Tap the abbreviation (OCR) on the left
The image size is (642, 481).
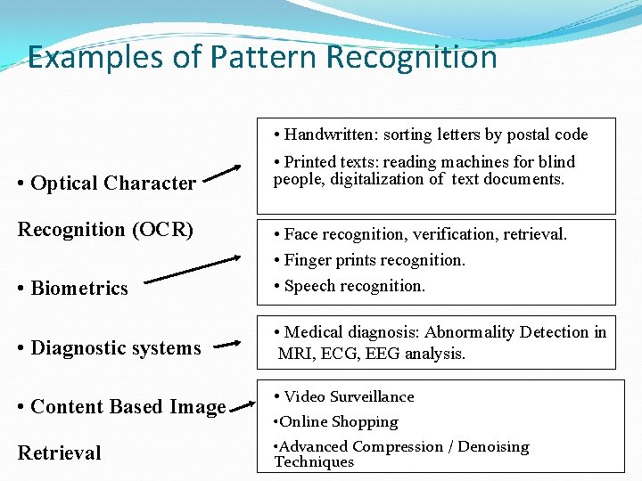[162, 229]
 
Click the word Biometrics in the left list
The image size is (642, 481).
[79, 288]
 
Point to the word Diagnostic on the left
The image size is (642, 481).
[78, 347]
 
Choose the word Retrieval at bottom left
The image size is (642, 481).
[60, 452]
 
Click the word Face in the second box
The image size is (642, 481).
[301, 234]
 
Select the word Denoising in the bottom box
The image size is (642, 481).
[493, 446]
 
